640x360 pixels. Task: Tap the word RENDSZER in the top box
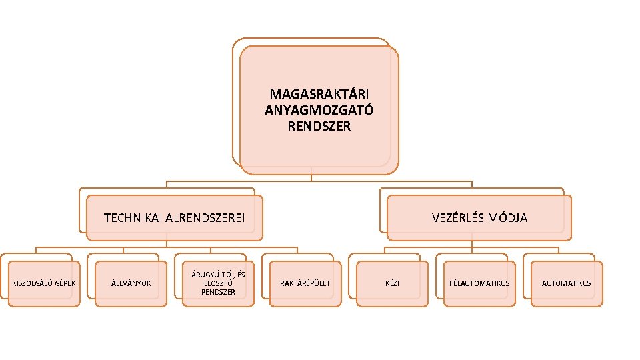click(x=319, y=125)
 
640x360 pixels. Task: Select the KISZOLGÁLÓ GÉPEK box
click(x=44, y=283)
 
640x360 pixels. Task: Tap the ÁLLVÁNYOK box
click(x=131, y=283)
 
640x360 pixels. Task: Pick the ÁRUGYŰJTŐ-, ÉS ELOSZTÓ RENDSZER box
click(x=218, y=283)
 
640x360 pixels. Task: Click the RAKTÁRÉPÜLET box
click(x=305, y=283)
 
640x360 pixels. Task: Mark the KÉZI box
click(x=392, y=283)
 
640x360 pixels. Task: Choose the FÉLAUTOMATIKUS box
click(x=479, y=283)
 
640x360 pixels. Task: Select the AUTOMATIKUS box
click(x=566, y=283)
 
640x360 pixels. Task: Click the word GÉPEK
click(x=65, y=283)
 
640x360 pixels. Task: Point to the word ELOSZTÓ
click(x=218, y=283)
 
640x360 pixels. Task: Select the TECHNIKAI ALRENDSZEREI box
click(x=175, y=217)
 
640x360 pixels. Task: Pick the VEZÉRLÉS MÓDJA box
click(x=479, y=217)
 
